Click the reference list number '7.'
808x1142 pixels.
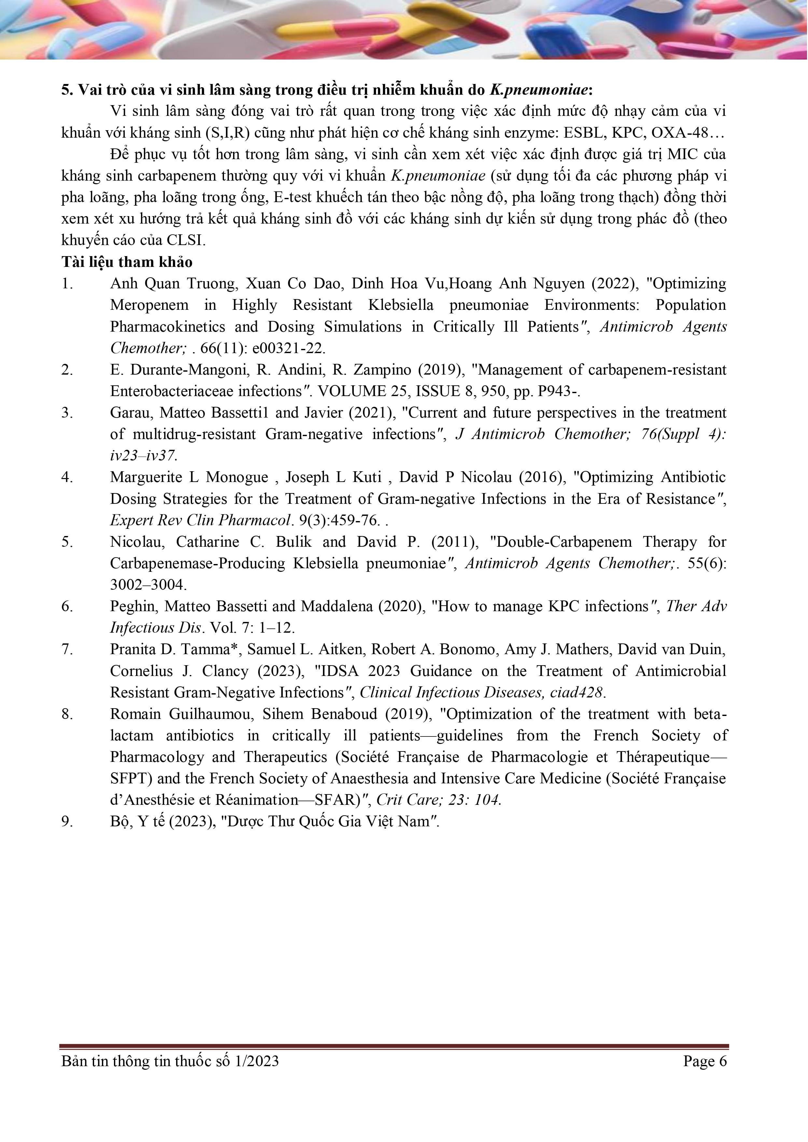pyautogui.click(x=67, y=650)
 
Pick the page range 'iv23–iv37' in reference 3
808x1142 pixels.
pyautogui.click(x=143, y=456)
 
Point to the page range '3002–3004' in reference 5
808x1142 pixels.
pyautogui.click(x=148, y=585)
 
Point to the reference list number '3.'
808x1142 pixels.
pyautogui.click(x=67, y=413)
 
